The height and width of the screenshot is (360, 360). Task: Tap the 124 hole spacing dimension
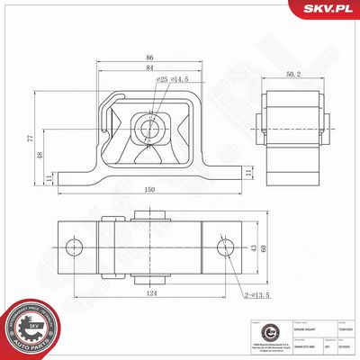pos(148,293)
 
